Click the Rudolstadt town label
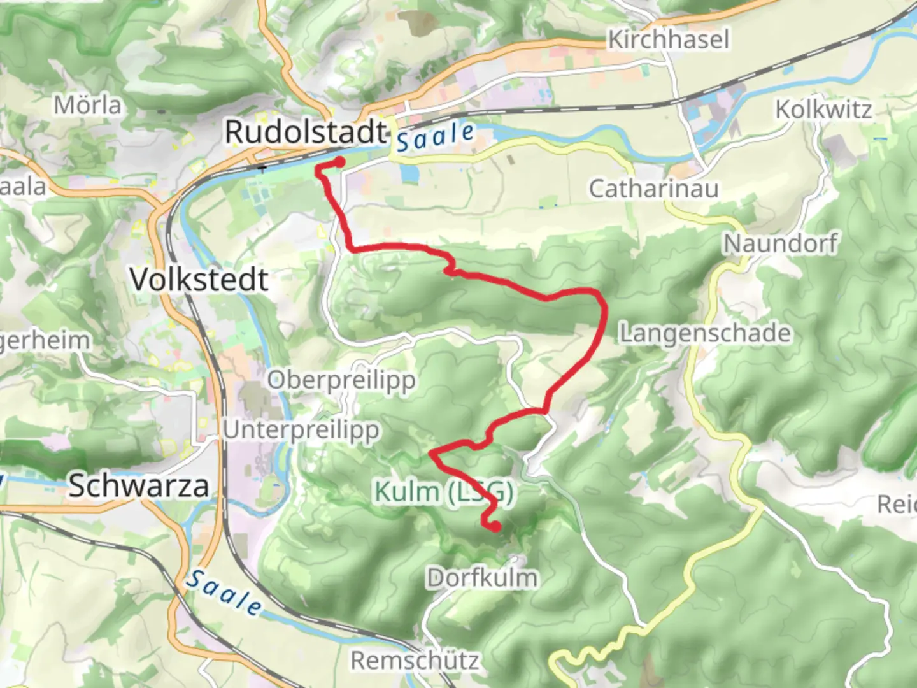coord(306,133)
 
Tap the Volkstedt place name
coord(199,280)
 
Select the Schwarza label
coord(139,486)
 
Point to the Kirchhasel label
coord(668,39)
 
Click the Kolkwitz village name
coord(823,110)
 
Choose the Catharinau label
coord(653,189)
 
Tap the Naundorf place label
coord(781,243)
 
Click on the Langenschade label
coord(706,333)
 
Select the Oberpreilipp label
coord(341,380)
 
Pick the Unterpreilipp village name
coord(301,430)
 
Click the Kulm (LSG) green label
coord(443,492)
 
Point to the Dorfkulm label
coord(482,578)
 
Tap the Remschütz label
coord(415,661)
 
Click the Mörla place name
coord(87,105)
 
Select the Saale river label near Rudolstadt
coord(436,136)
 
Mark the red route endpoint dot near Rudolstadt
coord(340,162)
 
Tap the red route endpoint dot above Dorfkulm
coord(495,527)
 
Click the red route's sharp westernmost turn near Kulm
coord(432,454)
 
